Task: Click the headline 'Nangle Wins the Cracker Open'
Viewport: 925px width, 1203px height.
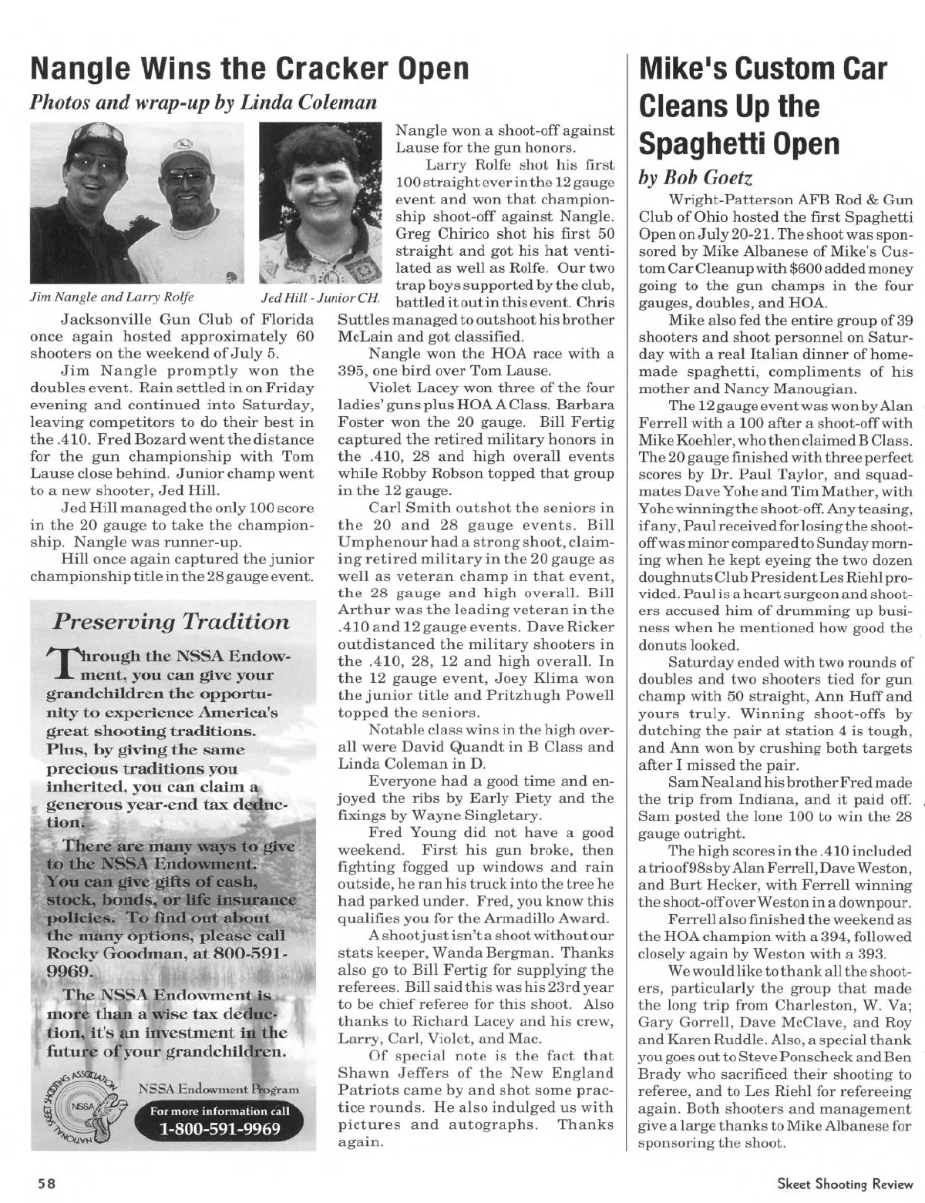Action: pos(249,69)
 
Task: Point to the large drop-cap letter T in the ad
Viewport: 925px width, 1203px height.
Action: pos(50,670)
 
